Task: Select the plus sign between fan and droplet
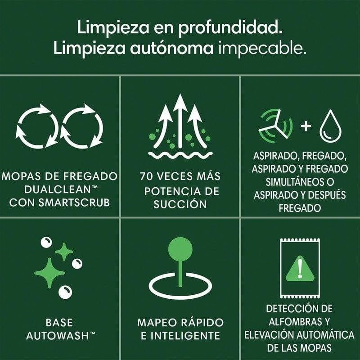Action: coord(306,126)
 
